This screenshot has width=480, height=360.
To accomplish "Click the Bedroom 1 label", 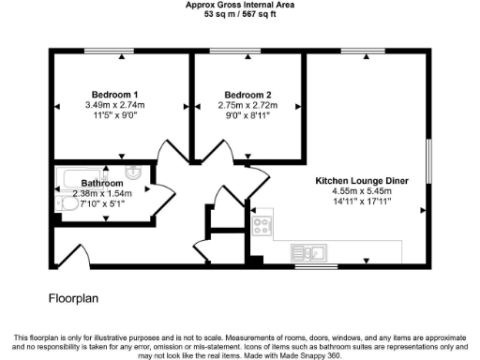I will pyautogui.click(x=115, y=94).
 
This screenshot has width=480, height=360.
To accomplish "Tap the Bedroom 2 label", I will pyautogui.click(x=248, y=94).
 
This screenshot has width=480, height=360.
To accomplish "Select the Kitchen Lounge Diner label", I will pyautogui.click(x=361, y=179).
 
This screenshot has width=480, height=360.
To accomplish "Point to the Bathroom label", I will pyautogui.click(x=102, y=183).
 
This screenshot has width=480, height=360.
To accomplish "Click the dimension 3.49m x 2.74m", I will pyautogui.click(x=115, y=105).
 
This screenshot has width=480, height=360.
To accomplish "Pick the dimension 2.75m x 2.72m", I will pyautogui.click(x=248, y=105).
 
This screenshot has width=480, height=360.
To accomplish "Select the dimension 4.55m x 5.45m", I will pyautogui.click(x=361, y=190).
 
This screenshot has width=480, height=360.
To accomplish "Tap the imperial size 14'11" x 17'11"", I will pyautogui.click(x=361, y=201).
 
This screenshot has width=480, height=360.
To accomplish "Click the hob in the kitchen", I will pyautogui.click(x=262, y=225).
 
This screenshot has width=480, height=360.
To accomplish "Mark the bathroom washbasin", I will pyautogui.click(x=134, y=172).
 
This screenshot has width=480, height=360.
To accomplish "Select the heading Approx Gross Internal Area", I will pyautogui.click(x=240, y=5).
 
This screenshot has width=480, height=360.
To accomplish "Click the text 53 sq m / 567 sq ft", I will pyautogui.click(x=240, y=15).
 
